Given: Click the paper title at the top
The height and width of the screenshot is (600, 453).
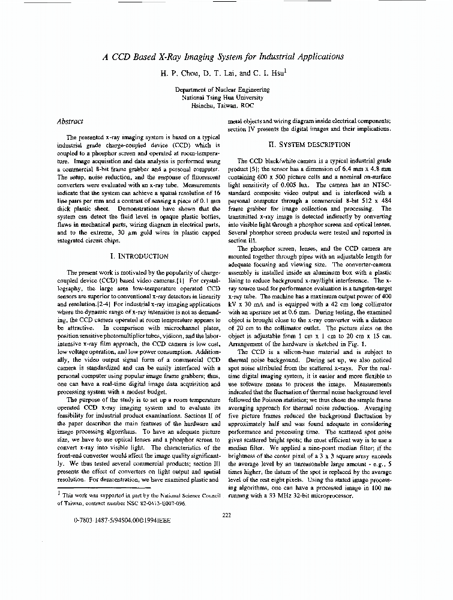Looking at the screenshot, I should coord(223,56).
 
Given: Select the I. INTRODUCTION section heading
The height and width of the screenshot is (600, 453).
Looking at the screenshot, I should coord(140,256).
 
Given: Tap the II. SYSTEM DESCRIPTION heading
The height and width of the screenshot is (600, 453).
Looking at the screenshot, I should coord(309,145).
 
